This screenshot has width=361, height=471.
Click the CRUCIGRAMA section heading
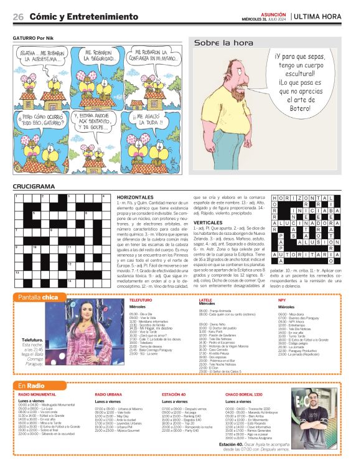(34, 186)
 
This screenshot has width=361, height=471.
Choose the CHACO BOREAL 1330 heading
(243, 395)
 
